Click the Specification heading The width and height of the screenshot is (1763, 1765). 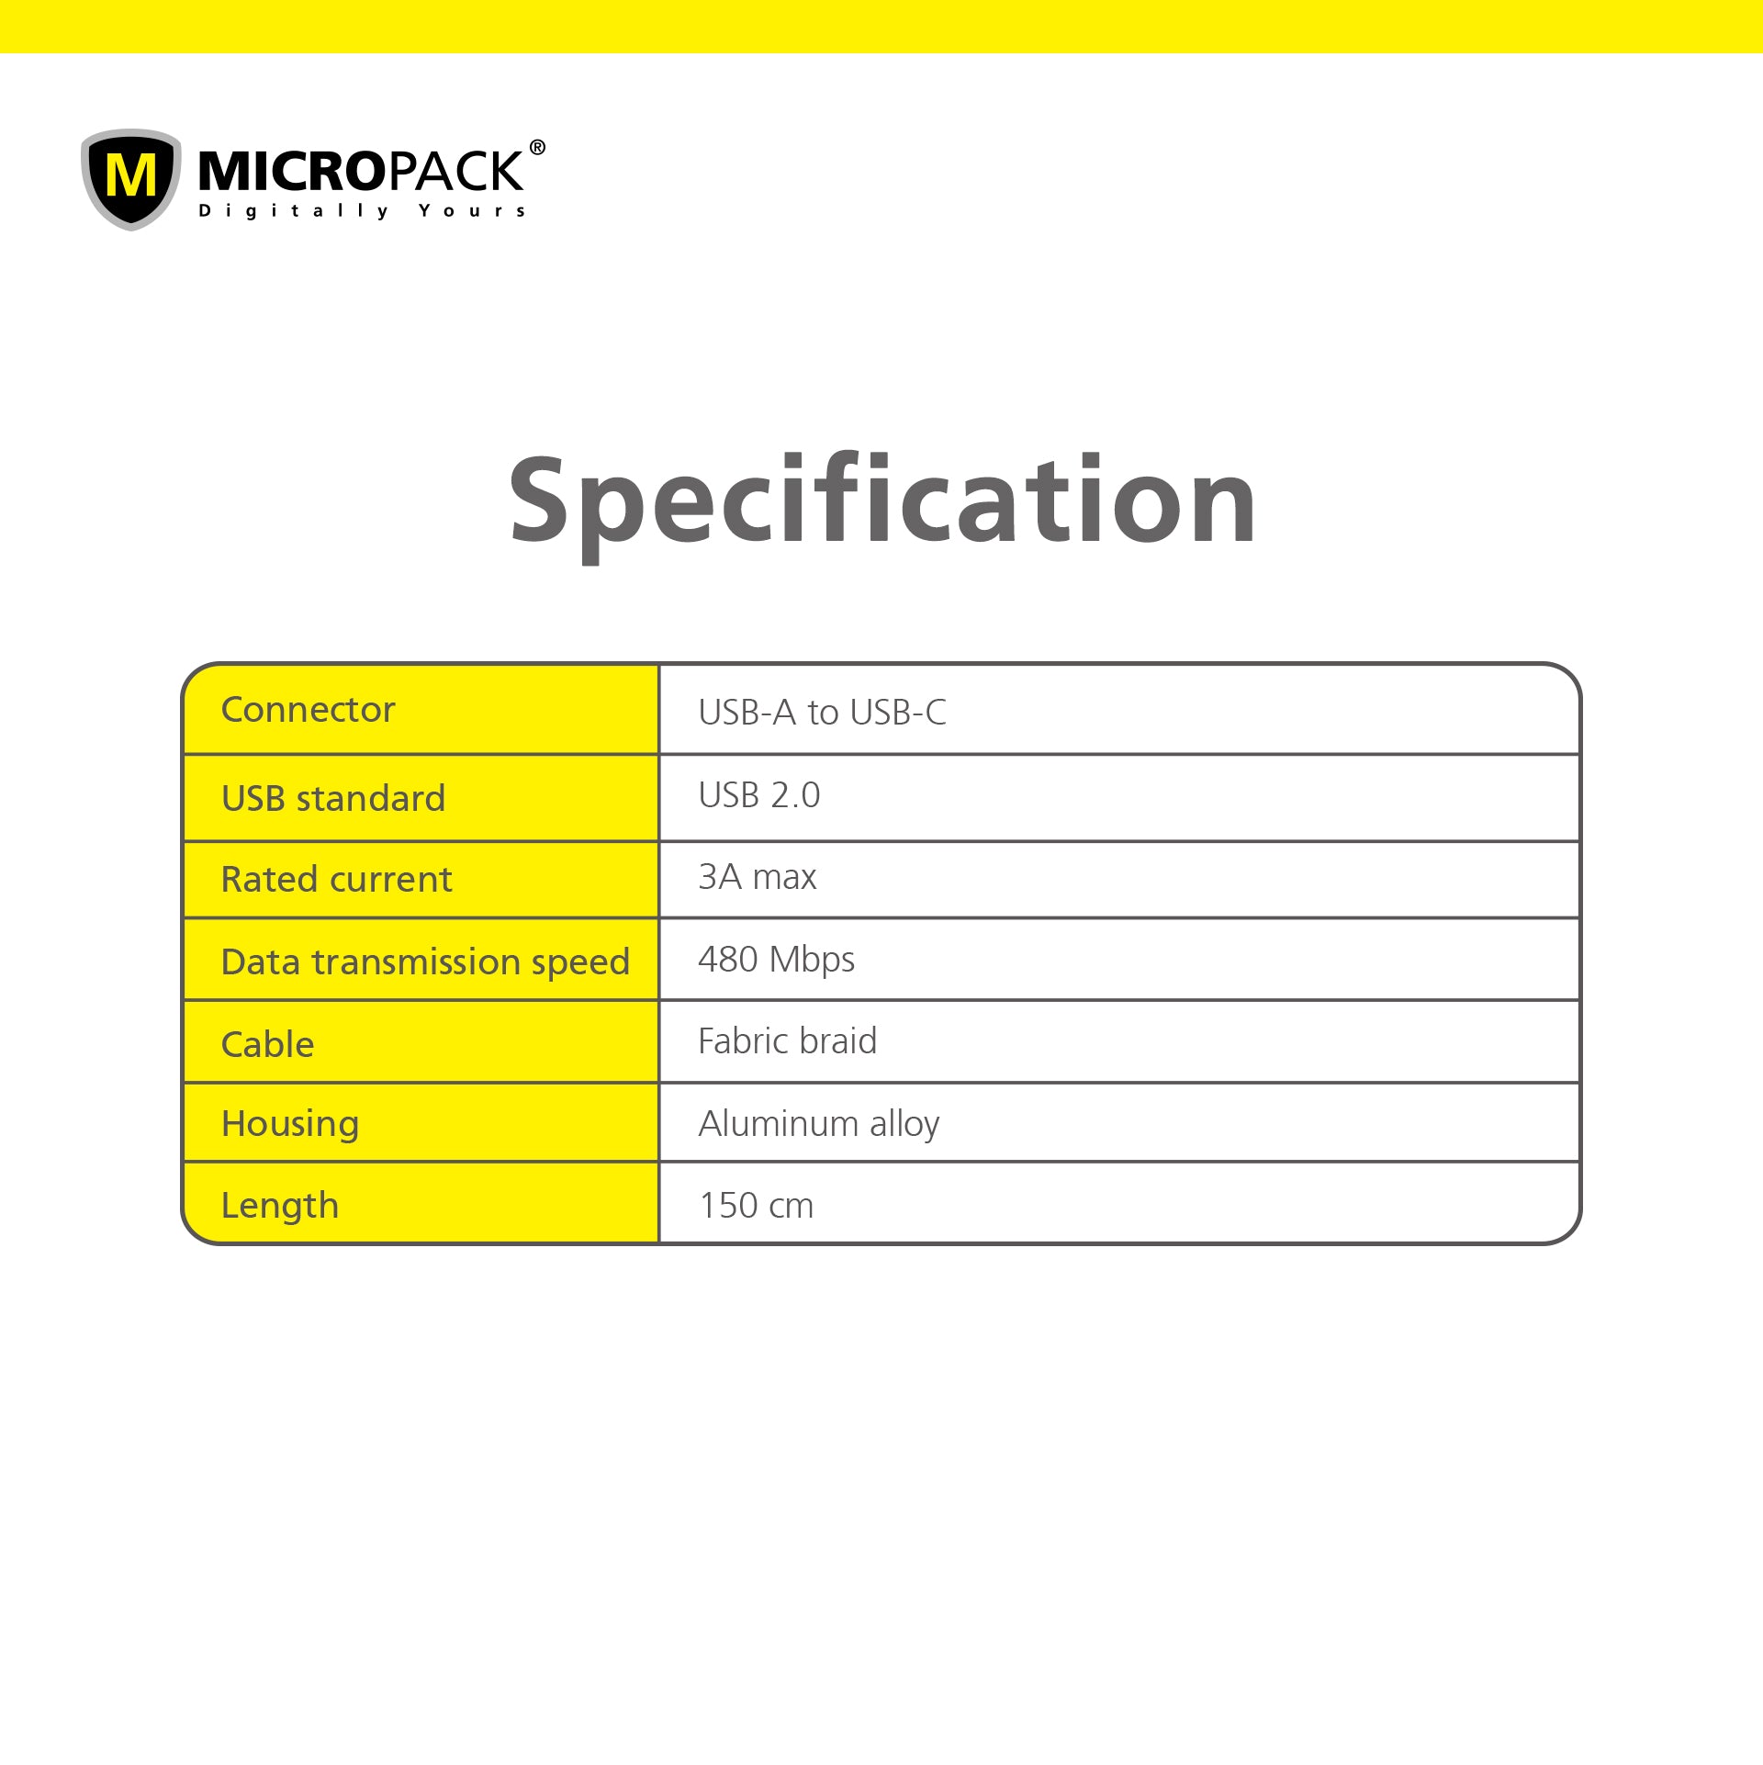[881, 505]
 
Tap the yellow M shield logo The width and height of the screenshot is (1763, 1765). [131, 179]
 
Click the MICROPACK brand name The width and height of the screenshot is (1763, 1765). [360, 172]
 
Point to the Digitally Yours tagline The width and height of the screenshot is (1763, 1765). [363, 211]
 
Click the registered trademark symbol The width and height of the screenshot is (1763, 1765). [537, 147]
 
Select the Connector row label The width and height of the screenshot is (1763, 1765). [308, 710]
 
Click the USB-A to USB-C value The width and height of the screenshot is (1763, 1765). [822, 713]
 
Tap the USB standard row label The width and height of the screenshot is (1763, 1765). [333, 798]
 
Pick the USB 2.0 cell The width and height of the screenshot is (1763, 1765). [759, 795]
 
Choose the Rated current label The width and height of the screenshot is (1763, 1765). [337, 880]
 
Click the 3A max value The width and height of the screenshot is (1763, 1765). [758, 877]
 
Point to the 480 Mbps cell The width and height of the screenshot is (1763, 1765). [777, 961]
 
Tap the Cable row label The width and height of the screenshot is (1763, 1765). [268, 1044]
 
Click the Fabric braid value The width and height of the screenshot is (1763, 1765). [788, 1041]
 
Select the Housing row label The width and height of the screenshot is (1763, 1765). [290, 1125]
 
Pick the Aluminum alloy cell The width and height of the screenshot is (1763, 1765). [819, 1125]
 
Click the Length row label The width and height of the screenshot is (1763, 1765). [280, 1207]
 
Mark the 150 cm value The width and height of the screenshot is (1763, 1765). [757, 1206]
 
